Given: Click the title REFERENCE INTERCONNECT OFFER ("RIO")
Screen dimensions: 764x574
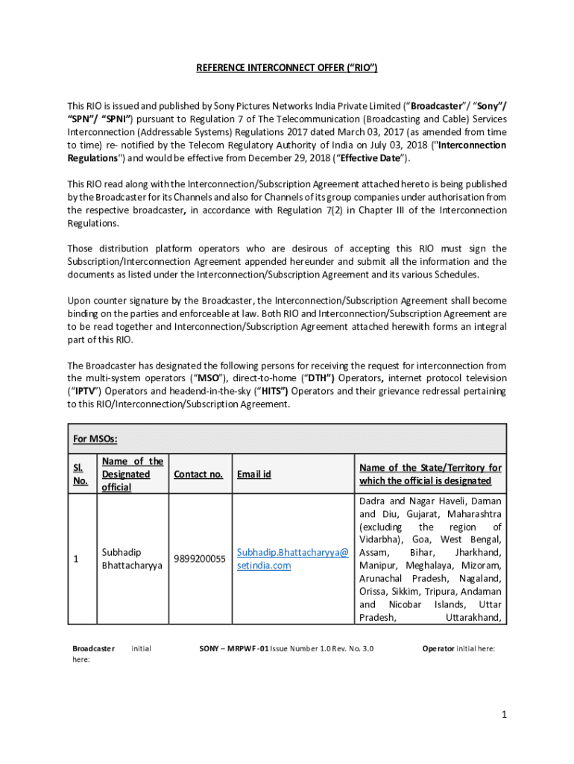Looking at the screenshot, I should pyautogui.click(x=287, y=68).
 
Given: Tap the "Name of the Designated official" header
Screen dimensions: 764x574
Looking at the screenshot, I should pyautogui.click(x=132, y=474).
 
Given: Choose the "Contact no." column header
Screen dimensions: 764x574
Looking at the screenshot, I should pyautogui.click(x=198, y=474).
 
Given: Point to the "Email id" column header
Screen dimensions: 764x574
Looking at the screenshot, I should pyautogui.click(x=253, y=474).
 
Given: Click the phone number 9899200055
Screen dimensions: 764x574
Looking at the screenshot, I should pyautogui.click(x=199, y=559).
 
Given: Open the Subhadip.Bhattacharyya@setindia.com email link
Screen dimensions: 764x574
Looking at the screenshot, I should pyautogui.click(x=292, y=559).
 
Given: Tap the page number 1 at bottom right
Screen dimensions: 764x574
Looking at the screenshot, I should pyautogui.click(x=504, y=715).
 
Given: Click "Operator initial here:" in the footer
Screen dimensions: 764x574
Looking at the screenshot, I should pyautogui.click(x=458, y=648).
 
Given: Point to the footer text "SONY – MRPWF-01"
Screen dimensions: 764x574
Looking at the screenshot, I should pyautogui.click(x=233, y=648).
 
